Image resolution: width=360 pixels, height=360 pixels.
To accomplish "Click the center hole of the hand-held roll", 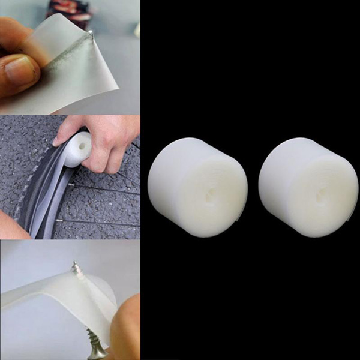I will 79,146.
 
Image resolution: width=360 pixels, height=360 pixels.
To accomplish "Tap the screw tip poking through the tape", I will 75,265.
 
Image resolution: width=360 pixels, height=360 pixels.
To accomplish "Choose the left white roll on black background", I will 197,186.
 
